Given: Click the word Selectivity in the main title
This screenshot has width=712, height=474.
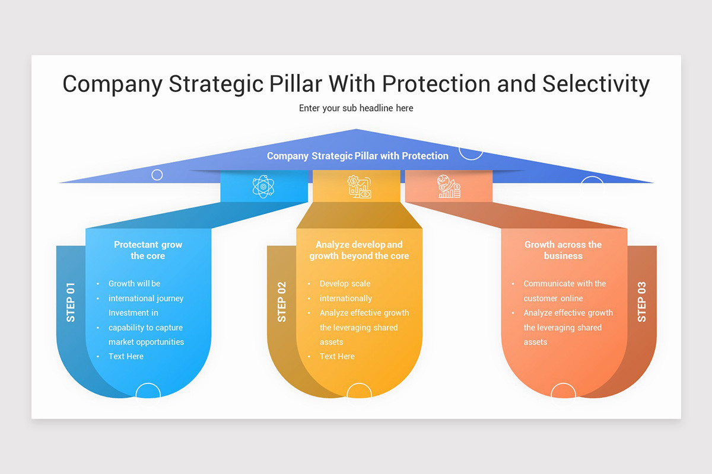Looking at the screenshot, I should [596, 84].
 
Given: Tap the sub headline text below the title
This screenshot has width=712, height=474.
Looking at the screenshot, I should [356, 108].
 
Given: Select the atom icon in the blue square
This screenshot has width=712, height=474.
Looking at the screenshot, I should [263, 186].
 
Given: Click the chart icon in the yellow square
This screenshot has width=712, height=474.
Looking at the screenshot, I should [360, 186].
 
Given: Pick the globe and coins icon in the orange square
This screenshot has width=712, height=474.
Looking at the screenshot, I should [449, 186].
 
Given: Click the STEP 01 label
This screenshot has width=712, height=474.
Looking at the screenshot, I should [71, 302].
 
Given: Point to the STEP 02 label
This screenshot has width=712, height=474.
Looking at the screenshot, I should [282, 302].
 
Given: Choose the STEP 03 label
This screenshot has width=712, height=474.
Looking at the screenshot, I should [642, 302].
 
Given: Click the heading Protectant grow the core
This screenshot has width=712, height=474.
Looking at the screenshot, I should [148, 250].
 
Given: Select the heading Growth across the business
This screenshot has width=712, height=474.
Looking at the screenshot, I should [563, 250].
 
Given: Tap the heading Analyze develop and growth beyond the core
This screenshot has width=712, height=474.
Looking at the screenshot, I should [359, 250].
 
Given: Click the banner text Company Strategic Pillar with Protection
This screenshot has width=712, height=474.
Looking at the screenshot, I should [357, 156].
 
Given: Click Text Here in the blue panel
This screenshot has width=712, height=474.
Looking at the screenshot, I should [126, 356].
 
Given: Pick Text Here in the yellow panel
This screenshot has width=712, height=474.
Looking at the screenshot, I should [337, 356].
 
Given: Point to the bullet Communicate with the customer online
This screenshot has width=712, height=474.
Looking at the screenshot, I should [564, 291].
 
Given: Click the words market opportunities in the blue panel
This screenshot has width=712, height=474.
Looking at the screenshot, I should [146, 342].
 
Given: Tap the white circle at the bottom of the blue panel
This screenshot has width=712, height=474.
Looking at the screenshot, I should [148, 391].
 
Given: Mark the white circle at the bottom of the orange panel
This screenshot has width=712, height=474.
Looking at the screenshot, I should [563, 391].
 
